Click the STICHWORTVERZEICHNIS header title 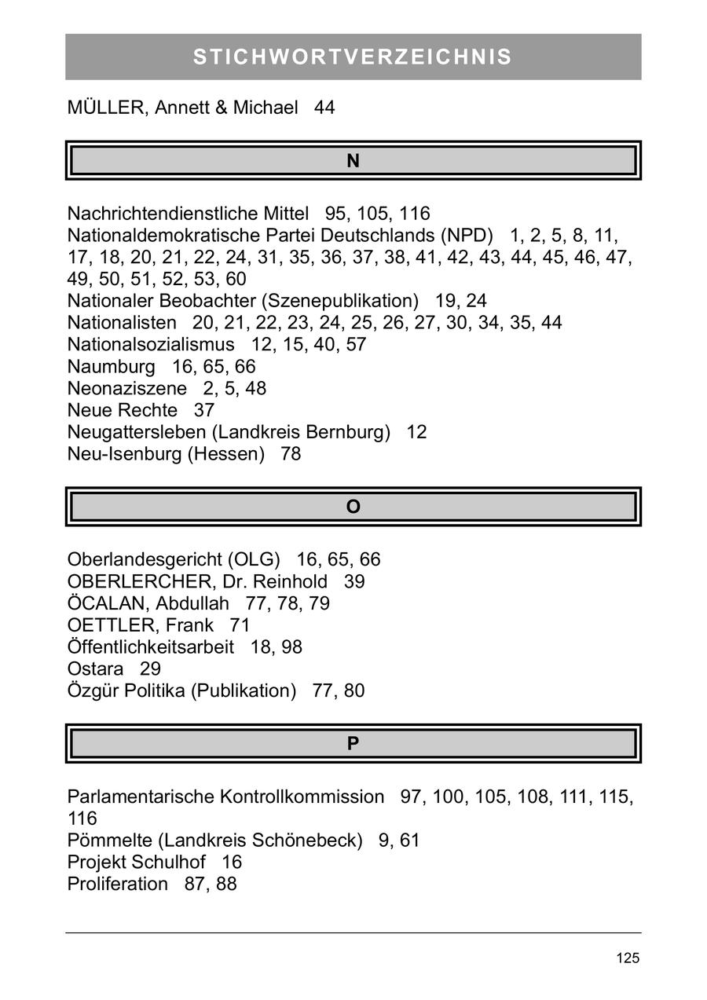353,57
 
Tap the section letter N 353,161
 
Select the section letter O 353,507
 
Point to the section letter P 353,744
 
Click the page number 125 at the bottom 628,958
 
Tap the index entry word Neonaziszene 127,389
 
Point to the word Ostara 96,669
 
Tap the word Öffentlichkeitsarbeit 151,647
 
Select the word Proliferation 118,884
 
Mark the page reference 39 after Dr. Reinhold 354,582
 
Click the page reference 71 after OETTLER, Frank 240,626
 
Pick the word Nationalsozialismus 151,345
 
